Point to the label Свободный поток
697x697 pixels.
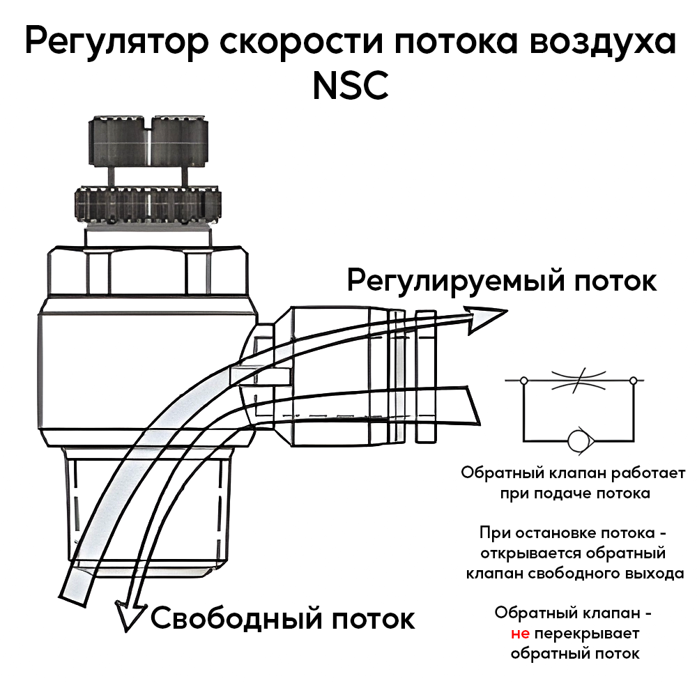pos(282,618)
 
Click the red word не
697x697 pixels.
pos(521,634)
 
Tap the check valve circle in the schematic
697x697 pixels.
pos(578,441)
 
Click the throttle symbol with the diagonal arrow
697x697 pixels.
pos(578,381)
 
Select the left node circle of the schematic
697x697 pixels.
pos(524,381)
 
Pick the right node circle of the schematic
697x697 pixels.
pos(633,381)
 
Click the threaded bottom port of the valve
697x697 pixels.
pos(150,509)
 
